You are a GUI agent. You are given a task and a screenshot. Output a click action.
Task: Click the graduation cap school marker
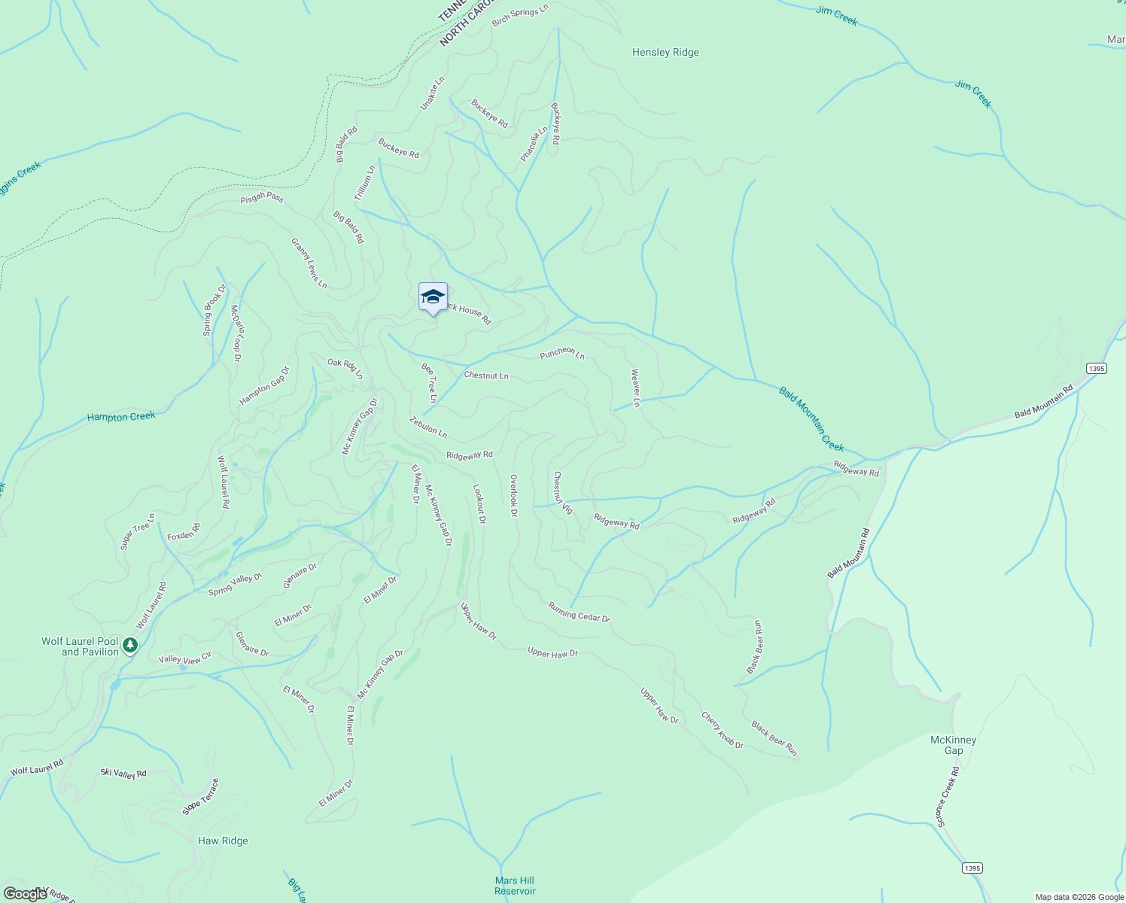click(433, 297)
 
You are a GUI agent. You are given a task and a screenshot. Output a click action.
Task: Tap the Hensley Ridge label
click(665, 53)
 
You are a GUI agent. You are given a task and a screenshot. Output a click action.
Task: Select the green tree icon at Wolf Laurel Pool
click(130, 645)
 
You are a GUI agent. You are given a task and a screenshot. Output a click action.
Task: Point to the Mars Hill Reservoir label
click(515, 886)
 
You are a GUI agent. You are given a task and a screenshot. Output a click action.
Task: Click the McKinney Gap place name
click(953, 745)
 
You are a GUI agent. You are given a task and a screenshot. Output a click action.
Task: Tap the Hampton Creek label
click(121, 416)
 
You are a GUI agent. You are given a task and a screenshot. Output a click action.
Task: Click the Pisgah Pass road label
click(262, 198)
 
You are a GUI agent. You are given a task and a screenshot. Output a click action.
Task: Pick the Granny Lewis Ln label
click(309, 263)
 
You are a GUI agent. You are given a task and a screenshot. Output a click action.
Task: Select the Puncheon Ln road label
click(562, 352)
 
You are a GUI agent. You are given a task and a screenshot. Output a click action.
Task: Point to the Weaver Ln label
click(636, 388)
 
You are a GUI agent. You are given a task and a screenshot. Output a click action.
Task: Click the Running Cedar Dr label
click(579, 613)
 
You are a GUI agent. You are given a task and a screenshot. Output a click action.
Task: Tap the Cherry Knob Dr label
click(723, 731)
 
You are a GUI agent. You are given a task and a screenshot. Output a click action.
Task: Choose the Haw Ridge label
click(223, 841)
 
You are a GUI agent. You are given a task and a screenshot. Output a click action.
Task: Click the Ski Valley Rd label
click(123, 773)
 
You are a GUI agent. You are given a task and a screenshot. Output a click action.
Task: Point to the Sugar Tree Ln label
click(138, 531)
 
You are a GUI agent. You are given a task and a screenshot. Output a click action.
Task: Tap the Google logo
click(25, 893)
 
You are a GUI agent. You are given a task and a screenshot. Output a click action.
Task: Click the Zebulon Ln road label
click(428, 427)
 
